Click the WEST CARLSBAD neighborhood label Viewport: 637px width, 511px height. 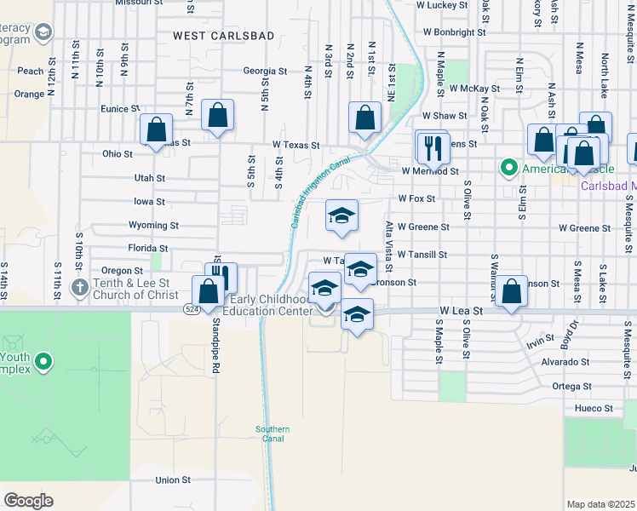click(212, 35)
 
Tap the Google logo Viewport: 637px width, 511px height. click(28, 500)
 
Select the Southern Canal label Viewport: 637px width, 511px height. click(273, 433)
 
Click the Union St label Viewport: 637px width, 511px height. click(173, 479)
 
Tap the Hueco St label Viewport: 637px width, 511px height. click(596, 408)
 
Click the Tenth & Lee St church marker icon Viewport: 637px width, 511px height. click(79, 286)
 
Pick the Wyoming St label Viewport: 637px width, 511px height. click(153, 226)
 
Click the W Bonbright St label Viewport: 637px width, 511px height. click(454, 32)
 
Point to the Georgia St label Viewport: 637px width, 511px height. click(265, 72)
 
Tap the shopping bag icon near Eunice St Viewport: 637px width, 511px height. click(156, 129)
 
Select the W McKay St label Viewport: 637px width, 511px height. click(474, 88)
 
